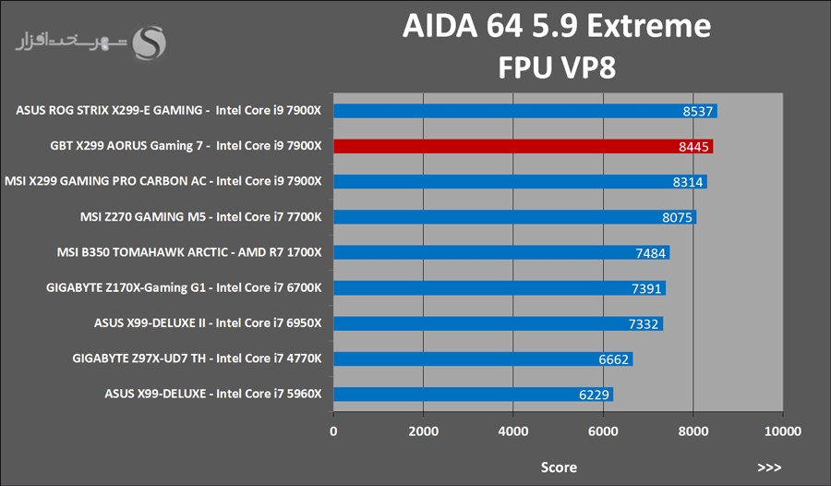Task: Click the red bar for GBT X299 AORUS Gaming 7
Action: click(x=523, y=146)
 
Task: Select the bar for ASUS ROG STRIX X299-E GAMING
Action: click(x=524, y=111)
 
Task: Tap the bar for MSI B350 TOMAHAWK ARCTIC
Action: click(x=501, y=252)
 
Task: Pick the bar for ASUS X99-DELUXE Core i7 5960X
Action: click(x=473, y=395)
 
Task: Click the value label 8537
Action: click(x=698, y=112)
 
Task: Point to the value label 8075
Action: click(x=677, y=218)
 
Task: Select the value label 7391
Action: click(x=646, y=288)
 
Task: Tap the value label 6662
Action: click(x=614, y=359)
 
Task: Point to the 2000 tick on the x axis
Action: click(x=423, y=431)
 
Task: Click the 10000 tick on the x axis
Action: click(x=782, y=431)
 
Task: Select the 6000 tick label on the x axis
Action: click(x=603, y=431)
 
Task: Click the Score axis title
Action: click(x=559, y=468)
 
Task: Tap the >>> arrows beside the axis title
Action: click(x=769, y=468)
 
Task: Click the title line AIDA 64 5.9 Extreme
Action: click(x=557, y=26)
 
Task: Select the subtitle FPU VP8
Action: click(x=557, y=67)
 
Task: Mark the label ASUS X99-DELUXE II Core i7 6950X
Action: click(x=208, y=323)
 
